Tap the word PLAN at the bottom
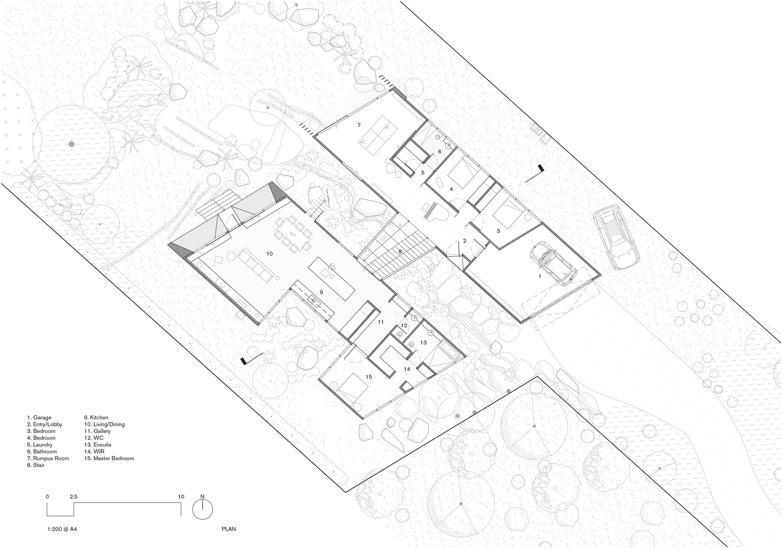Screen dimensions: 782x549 click(x=229, y=529)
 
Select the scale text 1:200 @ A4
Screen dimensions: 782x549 click(x=62, y=529)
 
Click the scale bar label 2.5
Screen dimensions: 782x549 click(x=73, y=496)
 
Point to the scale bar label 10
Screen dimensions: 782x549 click(x=181, y=496)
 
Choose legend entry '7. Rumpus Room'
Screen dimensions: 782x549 click(x=48, y=458)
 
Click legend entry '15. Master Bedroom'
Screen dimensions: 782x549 click(x=109, y=458)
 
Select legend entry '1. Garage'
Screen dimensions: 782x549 click(x=39, y=417)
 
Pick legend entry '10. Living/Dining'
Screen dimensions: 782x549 click(x=104, y=424)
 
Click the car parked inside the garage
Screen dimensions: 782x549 click(x=553, y=263)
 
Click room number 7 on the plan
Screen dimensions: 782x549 click(x=359, y=125)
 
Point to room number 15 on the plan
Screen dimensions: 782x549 click(x=369, y=377)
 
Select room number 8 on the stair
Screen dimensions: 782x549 click(x=400, y=252)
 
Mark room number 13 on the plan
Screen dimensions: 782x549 click(x=423, y=342)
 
